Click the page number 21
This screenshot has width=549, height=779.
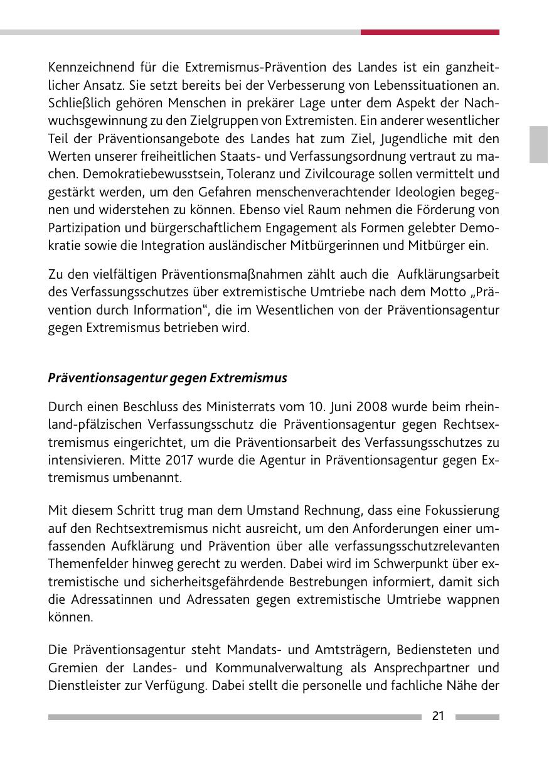click(438, 716)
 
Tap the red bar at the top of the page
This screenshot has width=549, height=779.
click(430, 32)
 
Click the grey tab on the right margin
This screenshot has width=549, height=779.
click(538, 144)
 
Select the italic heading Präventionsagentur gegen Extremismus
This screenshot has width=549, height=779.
click(168, 378)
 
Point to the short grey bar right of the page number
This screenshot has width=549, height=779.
click(477, 717)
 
